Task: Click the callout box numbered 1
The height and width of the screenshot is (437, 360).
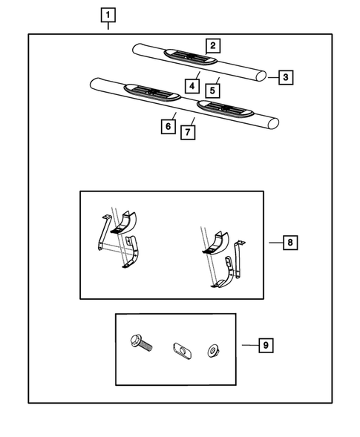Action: click(x=108, y=15)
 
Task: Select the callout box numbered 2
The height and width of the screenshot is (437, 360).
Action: click(x=213, y=46)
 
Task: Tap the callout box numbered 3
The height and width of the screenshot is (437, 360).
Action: click(x=286, y=77)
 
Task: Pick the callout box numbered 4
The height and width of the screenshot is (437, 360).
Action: click(x=192, y=86)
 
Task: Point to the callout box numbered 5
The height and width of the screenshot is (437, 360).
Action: click(x=212, y=91)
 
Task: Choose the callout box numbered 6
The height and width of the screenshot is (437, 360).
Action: click(x=168, y=127)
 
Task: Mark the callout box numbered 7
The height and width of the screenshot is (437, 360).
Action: click(x=188, y=132)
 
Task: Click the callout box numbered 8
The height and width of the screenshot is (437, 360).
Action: click(x=290, y=243)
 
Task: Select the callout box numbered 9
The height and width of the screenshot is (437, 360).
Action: click(x=266, y=345)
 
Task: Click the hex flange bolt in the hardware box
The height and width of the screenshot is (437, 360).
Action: click(x=141, y=344)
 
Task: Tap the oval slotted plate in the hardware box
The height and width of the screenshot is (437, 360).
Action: click(x=182, y=351)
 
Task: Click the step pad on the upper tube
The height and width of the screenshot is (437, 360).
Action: click(x=191, y=57)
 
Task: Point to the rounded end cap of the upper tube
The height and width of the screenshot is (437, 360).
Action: click(x=261, y=76)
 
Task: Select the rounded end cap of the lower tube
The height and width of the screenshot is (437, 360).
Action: click(x=274, y=124)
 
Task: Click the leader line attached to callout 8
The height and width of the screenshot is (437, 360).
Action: click(x=276, y=243)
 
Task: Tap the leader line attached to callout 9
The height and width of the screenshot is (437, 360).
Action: click(x=250, y=345)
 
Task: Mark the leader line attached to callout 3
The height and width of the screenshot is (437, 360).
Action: click(x=273, y=77)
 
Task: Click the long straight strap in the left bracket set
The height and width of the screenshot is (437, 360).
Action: click(x=103, y=232)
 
